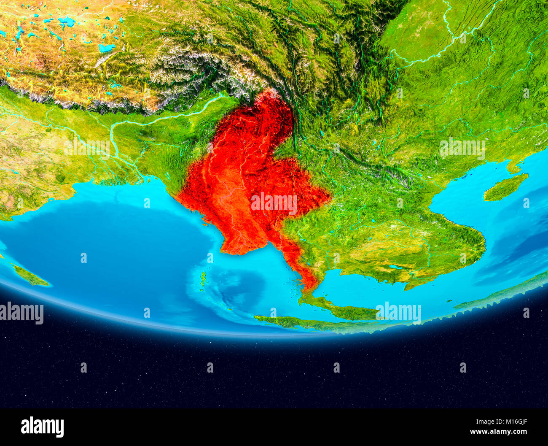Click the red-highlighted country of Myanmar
click(x=236, y=169)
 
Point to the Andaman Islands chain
click(x=203, y=278)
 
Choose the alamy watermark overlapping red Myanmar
click(x=274, y=203)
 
